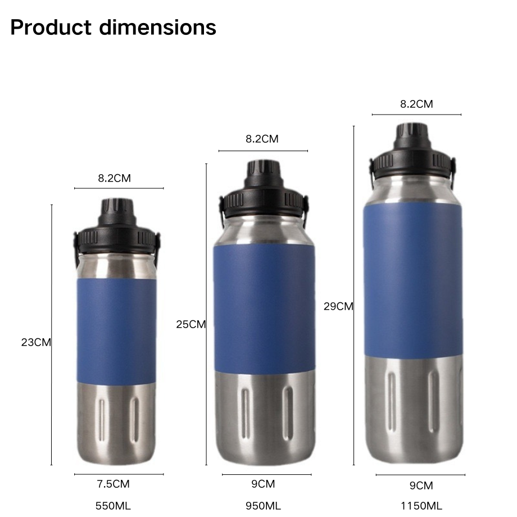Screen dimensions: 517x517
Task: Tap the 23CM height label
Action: pyautogui.click(x=36, y=342)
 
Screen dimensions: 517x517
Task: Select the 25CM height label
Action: pyautogui.click(x=191, y=324)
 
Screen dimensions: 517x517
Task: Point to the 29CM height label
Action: pyautogui.click(x=338, y=306)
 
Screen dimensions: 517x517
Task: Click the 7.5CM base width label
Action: pyautogui.click(x=114, y=484)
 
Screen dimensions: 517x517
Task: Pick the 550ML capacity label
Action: pyautogui.click(x=114, y=506)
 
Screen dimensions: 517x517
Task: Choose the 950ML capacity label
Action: pyautogui.click(x=263, y=506)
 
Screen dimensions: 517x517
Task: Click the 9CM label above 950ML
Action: pyautogui.click(x=263, y=484)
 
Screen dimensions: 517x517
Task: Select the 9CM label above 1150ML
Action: pyautogui.click(x=421, y=486)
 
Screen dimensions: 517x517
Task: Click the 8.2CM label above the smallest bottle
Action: pyautogui.click(x=115, y=178)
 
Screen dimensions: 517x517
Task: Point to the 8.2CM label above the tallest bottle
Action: pyautogui.click(x=416, y=104)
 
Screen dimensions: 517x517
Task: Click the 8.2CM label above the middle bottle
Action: pyautogui.click(x=262, y=139)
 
